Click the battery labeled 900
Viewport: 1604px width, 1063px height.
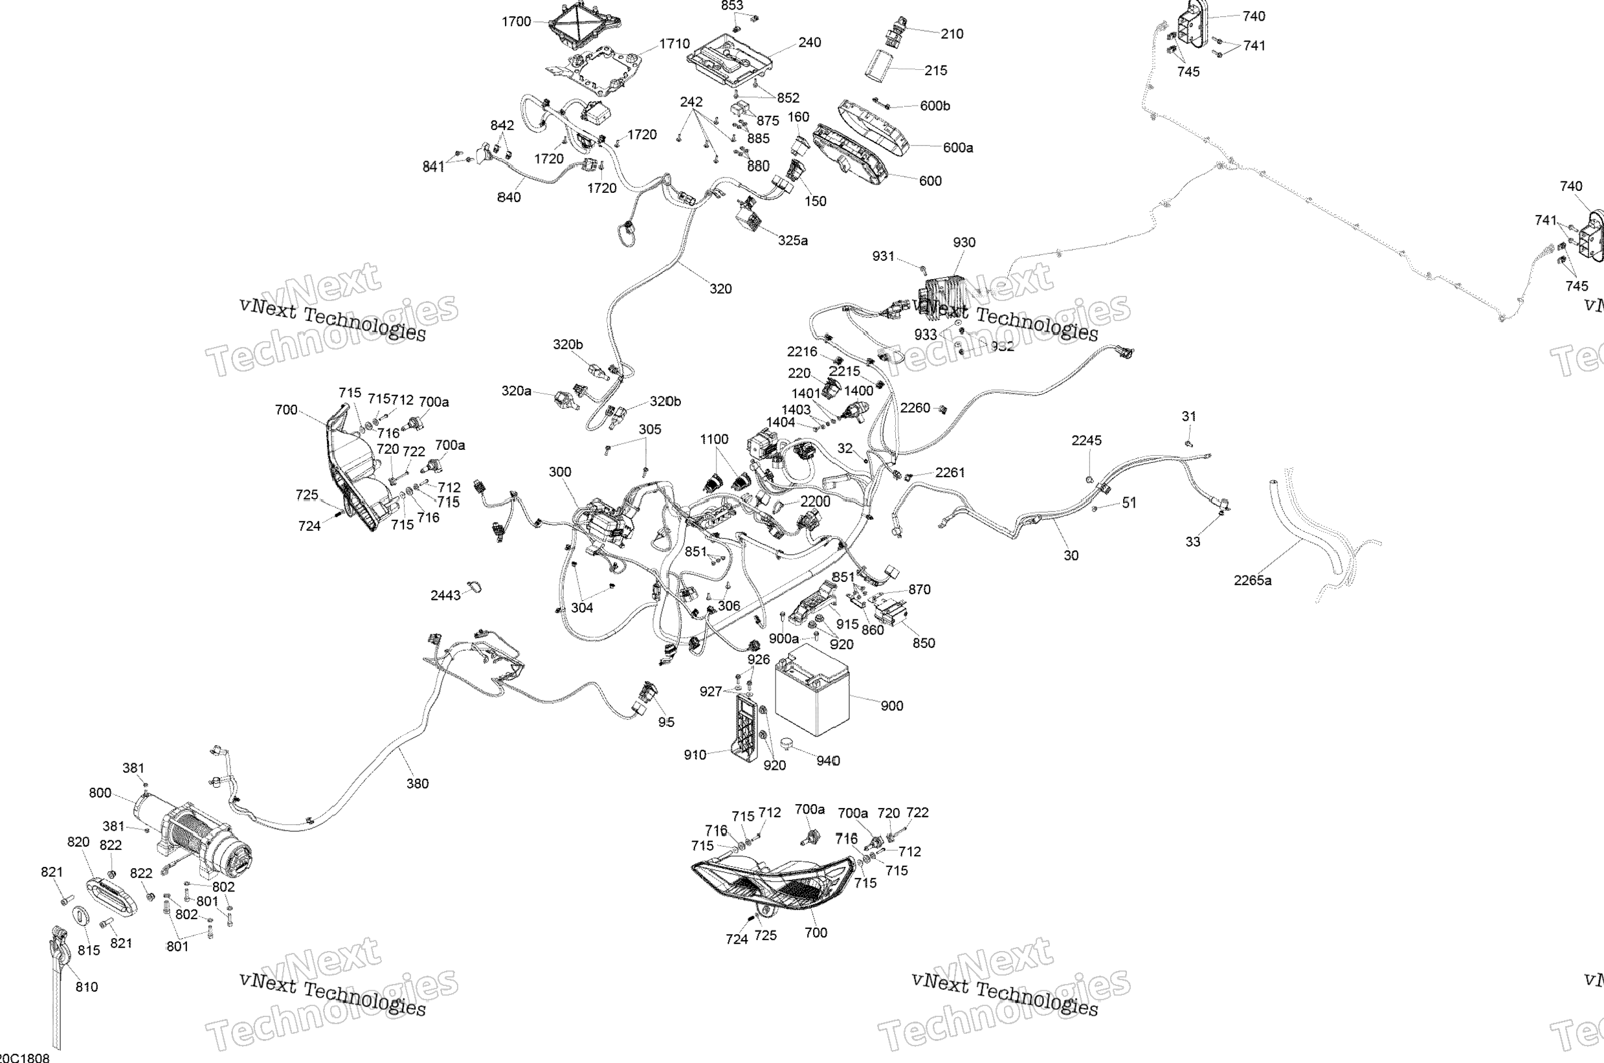click(810, 690)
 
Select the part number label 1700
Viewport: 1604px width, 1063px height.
click(516, 22)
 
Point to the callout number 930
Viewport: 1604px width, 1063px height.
click(964, 243)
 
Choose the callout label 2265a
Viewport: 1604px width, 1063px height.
click(1253, 580)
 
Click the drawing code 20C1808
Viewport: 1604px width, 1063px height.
click(25, 1058)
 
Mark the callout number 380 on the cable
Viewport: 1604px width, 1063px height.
click(418, 784)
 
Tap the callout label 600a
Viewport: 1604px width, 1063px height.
click(957, 148)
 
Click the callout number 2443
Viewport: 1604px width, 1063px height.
click(445, 595)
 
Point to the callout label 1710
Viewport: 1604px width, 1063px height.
click(674, 44)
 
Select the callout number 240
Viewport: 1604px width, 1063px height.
click(809, 43)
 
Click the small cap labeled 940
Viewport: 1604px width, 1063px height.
click(786, 744)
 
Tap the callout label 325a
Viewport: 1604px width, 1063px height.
click(792, 241)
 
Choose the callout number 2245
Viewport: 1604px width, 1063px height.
click(1086, 441)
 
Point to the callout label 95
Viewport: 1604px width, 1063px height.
click(666, 722)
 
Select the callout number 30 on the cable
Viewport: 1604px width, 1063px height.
click(1071, 556)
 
